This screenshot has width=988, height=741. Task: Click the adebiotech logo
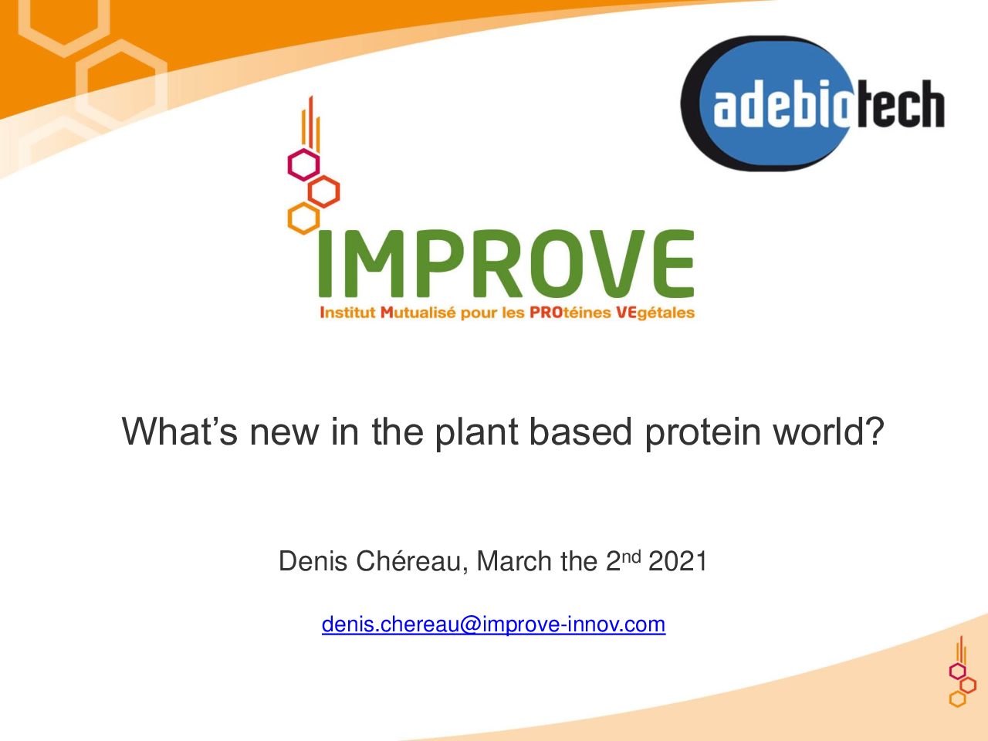point(813,103)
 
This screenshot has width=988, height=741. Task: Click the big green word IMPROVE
point(506,264)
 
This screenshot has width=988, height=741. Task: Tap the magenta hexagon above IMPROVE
point(303,164)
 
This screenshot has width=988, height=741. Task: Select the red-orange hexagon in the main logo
point(323,191)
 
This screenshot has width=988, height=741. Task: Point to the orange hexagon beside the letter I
point(303,218)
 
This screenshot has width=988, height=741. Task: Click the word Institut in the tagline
point(347,313)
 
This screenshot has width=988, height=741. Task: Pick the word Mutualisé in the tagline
point(418,313)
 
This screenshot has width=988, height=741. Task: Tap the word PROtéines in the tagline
point(570,313)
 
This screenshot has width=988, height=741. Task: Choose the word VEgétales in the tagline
point(655,313)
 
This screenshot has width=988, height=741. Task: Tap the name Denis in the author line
point(313,561)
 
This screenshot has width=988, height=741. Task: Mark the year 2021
point(678,561)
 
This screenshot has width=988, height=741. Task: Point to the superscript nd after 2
point(631,557)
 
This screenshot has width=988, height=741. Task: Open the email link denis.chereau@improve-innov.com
point(494,624)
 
